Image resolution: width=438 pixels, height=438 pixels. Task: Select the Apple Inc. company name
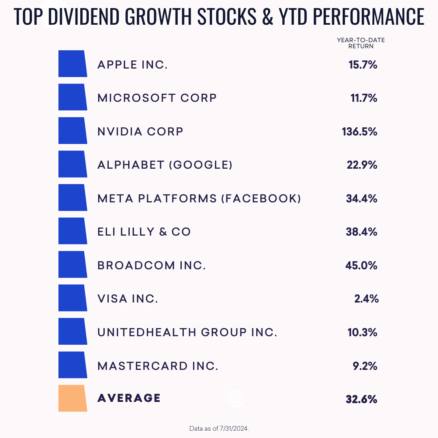132,65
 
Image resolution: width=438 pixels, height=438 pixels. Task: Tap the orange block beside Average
73,398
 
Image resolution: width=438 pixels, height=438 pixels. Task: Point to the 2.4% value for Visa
366,299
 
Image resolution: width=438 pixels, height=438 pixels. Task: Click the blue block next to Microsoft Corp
73,97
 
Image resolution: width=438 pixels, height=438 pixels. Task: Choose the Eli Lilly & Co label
144,232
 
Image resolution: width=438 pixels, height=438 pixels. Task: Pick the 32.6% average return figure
361,399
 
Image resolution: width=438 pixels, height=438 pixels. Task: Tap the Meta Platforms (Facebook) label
199,199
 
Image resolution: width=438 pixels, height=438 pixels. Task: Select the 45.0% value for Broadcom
361,266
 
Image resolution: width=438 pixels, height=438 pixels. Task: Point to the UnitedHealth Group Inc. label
187,333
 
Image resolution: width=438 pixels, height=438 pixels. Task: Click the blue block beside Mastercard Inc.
73,365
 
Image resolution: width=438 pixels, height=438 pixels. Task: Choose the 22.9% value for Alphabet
361,165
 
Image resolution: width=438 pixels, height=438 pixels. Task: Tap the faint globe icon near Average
236,398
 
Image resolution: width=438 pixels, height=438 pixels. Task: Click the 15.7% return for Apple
363,65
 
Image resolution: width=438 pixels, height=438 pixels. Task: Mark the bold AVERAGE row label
129,398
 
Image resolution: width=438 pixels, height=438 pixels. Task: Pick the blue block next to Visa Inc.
73,298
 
